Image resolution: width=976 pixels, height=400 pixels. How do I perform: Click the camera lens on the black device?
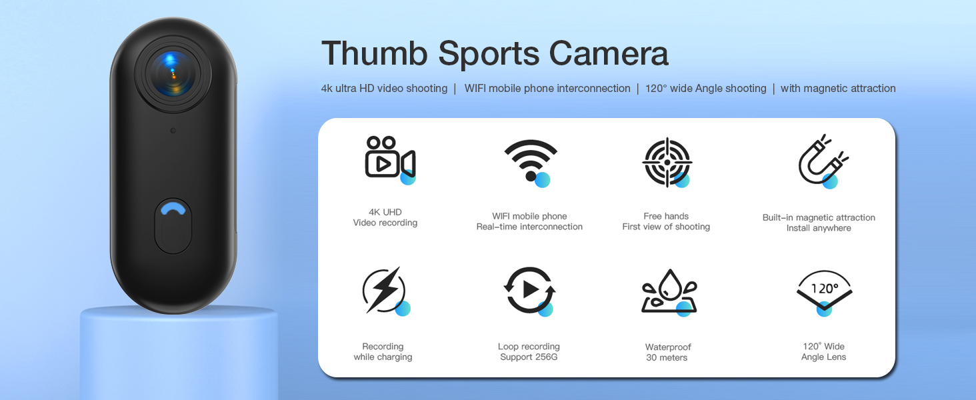tap(173, 71)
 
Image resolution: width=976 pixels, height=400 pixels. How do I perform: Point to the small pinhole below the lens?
tap(173, 131)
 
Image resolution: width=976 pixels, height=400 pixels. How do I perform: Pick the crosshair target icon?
tap(666, 162)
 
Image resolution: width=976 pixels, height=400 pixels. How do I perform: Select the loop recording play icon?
tap(529, 290)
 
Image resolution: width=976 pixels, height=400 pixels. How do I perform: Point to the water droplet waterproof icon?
tap(669, 291)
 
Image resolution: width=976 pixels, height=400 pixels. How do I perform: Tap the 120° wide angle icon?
tap(824, 291)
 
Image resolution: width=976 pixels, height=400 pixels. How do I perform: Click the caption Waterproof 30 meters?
tap(667, 352)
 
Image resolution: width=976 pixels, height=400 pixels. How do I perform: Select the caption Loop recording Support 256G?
tap(529, 351)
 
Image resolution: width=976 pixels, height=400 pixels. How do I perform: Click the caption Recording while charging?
tap(383, 351)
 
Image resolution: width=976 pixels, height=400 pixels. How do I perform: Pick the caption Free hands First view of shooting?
tap(666, 221)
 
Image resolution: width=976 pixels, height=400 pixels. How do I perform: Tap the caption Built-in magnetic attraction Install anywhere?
tap(819, 223)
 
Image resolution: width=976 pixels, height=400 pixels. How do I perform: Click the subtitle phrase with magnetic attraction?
tap(838, 89)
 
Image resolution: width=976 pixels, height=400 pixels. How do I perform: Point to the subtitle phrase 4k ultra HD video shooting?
tap(384, 89)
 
